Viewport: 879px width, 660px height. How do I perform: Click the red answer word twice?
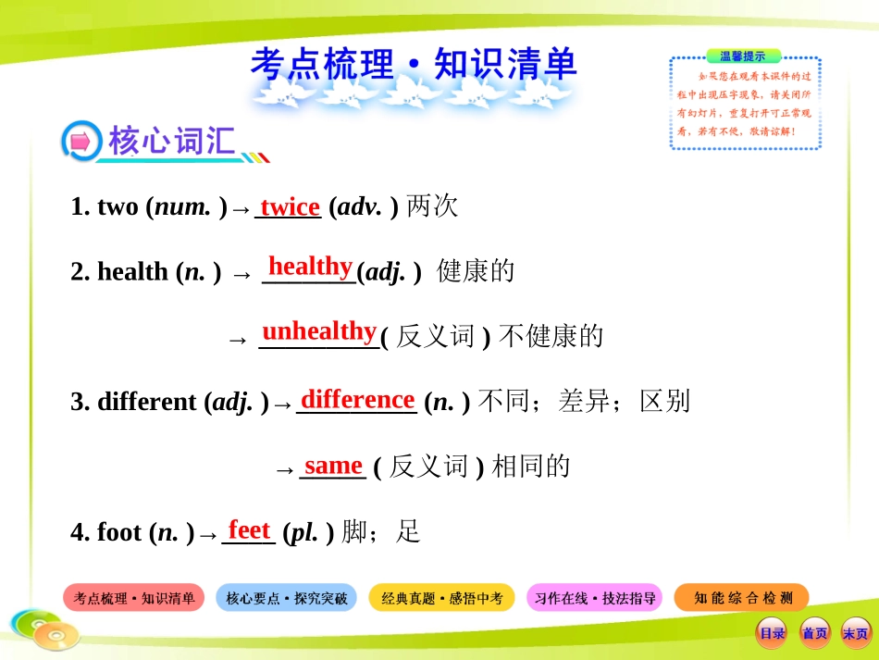pyautogui.click(x=290, y=206)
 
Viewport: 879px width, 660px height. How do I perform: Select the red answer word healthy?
pyautogui.click(x=310, y=267)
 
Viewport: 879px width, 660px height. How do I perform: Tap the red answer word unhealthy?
pyautogui.click(x=319, y=331)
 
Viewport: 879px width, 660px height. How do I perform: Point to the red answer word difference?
pyautogui.click(x=357, y=399)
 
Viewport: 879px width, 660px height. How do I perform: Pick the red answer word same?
pyautogui.click(x=333, y=465)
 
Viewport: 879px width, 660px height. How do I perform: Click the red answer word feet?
pyautogui.click(x=249, y=529)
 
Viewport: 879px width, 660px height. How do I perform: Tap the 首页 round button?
pyautogui.click(x=814, y=633)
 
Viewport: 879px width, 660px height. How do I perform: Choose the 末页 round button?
pyautogui.click(x=855, y=633)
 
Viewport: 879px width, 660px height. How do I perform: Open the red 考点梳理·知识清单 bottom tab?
pyautogui.click(x=134, y=598)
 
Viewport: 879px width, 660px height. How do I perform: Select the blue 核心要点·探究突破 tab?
pyautogui.click(x=287, y=598)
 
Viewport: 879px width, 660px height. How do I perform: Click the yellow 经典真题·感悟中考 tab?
pyautogui.click(x=442, y=598)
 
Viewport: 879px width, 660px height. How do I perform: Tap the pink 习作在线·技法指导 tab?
pyautogui.click(x=595, y=598)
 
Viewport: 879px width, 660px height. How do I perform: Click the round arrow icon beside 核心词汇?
pyautogui.click(x=80, y=143)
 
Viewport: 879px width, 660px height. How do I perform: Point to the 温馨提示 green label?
pyautogui.click(x=743, y=56)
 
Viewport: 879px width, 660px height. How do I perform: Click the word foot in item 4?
pyautogui.click(x=119, y=532)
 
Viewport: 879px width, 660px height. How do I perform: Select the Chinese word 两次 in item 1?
pyautogui.click(x=432, y=206)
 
